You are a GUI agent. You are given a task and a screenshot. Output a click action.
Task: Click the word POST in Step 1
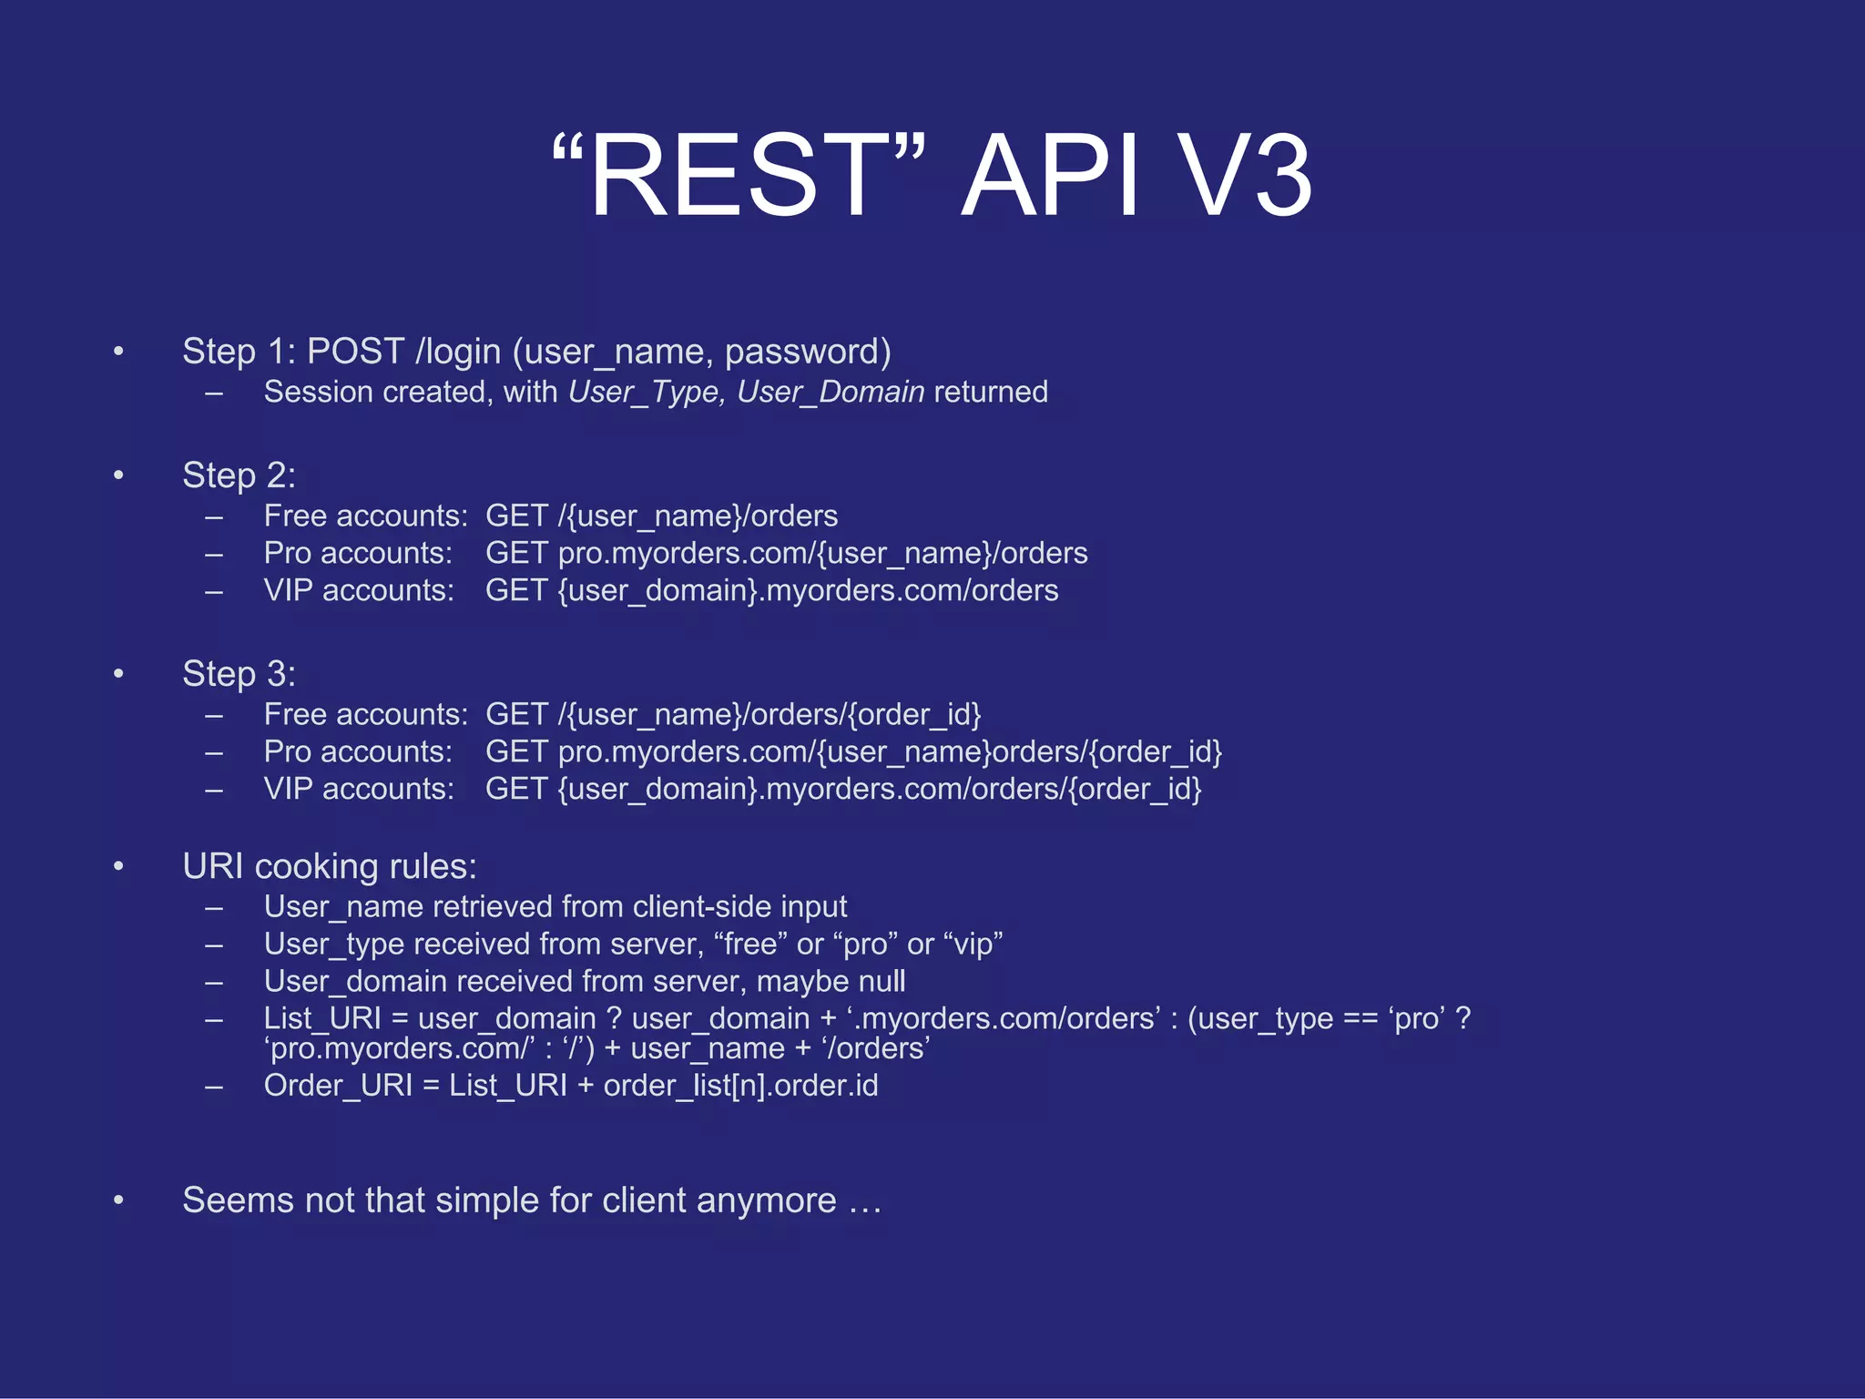355,352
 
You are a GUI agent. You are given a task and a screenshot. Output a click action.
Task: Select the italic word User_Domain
831,392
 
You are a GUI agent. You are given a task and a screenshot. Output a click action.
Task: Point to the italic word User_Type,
647,392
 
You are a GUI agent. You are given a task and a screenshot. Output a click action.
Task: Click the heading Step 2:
239,475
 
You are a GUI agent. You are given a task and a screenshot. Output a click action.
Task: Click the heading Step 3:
239,674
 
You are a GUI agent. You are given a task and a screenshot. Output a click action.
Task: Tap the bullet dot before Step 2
118,475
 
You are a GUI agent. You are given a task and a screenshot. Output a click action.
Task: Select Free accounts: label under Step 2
365,516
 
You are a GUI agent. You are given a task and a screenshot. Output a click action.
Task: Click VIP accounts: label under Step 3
359,789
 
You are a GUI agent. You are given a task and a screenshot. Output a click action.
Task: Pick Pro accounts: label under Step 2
358,554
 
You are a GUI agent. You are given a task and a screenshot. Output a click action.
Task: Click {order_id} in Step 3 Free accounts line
913,715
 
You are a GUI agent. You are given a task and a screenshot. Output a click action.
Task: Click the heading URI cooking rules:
329,866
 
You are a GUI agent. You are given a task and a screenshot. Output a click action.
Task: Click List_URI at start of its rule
322,1018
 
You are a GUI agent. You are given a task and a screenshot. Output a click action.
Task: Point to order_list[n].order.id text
740,1086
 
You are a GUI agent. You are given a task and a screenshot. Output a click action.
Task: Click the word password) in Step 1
808,352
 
